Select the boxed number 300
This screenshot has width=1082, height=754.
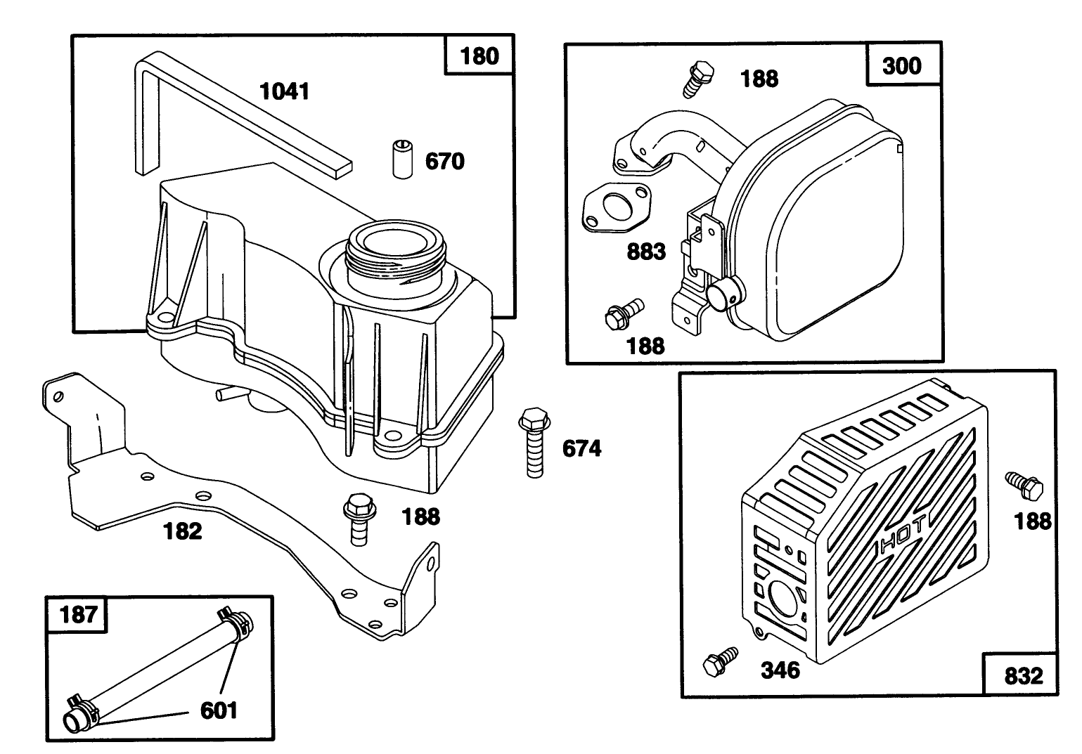click(901, 65)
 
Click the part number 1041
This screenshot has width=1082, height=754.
click(285, 91)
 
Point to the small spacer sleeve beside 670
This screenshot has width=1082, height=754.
click(401, 161)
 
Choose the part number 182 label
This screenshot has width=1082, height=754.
click(183, 531)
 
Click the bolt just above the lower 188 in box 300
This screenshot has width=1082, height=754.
click(623, 314)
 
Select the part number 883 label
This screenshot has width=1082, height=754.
click(646, 251)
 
